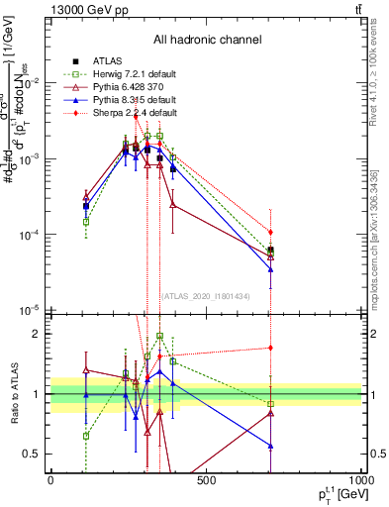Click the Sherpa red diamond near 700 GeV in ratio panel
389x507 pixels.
pyautogui.click(x=270, y=348)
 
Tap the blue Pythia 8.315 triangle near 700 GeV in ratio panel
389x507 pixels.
pyautogui.click(x=270, y=447)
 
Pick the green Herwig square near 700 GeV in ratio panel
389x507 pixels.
pyautogui.click(x=270, y=403)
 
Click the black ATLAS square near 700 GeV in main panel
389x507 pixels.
pyautogui.click(x=270, y=251)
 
